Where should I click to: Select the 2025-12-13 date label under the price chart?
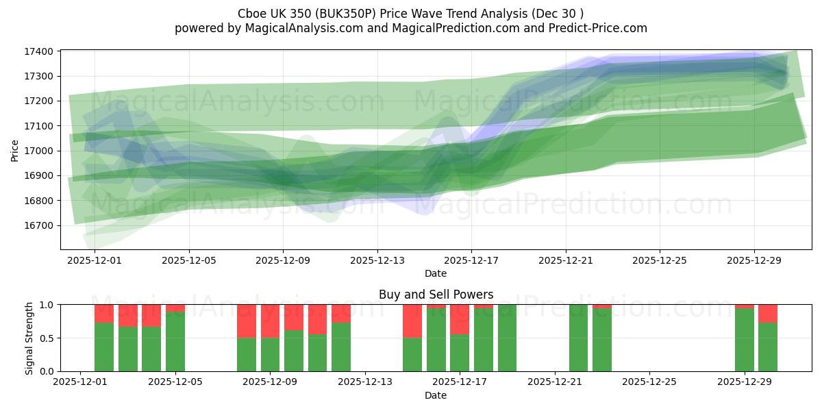pyautogui.click(x=377, y=261)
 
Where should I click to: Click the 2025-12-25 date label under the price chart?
pyautogui.click(x=660, y=261)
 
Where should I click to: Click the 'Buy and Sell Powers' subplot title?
pyautogui.click(x=436, y=295)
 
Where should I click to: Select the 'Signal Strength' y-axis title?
pyautogui.click(x=29, y=338)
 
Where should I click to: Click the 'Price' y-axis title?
pyautogui.click(x=15, y=151)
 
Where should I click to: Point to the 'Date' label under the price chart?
pyautogui.click(x=436, y=273)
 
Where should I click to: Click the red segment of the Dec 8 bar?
pyautogui.click(x=247, y=321)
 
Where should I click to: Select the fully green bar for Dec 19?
pyautogui.click(x=507, y=338)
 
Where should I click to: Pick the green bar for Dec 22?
pyautogui.click(x=578, y=338)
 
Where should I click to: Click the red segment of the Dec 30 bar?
pyautogui.click(x=768, y=313)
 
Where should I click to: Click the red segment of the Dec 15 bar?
pyautogui.click(x=412, y=321)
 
